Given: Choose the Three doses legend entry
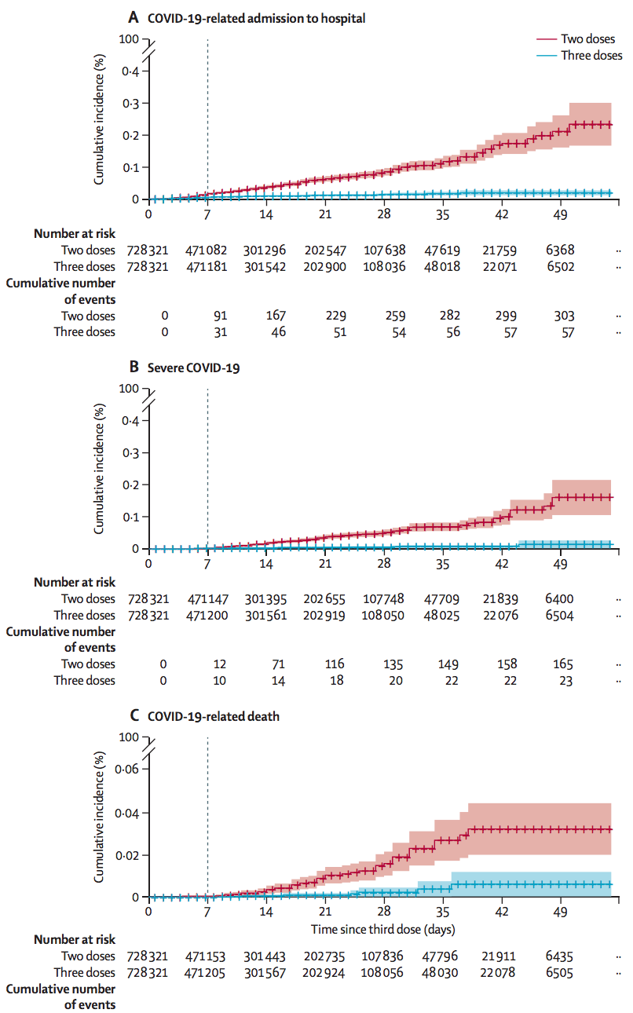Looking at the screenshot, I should click(x=591, y=56).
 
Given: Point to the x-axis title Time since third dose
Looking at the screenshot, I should click(x=382, y=929).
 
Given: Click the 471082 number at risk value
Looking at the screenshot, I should click(x=207, y=251).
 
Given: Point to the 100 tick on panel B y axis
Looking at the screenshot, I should click(x=130, y=389).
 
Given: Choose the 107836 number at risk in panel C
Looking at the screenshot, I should click(x=384, y=956).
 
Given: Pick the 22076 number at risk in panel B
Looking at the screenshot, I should click(x=503, y=616).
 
